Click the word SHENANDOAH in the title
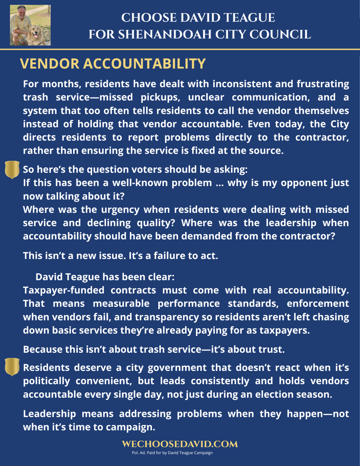164,35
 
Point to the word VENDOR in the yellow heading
50,64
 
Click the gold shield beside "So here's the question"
12,169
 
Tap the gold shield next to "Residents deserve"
12,367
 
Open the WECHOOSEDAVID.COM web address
180,444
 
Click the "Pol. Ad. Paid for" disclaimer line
172,453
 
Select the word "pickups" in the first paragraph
160,97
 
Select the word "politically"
46,381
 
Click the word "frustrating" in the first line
323,84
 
